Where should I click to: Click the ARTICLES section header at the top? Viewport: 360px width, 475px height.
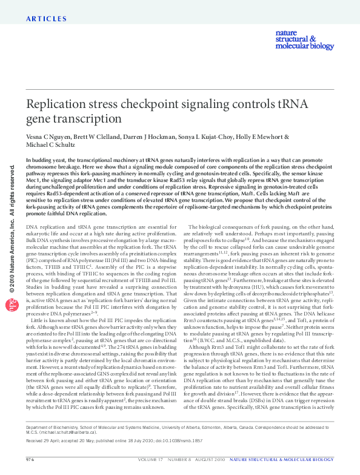47,19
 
